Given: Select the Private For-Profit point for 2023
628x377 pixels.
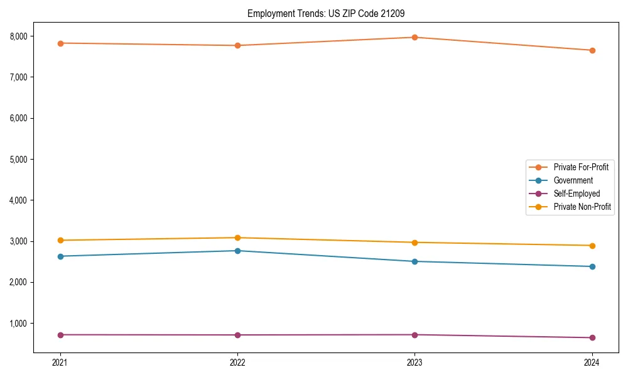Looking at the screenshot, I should click(414, 37).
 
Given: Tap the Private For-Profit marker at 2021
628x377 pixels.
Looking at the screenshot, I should click(60, 43).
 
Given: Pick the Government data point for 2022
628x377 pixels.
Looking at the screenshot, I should click(237, 251).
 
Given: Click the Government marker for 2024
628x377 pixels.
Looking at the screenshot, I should click(592, 266).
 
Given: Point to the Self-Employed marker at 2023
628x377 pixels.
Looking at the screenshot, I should click(414, 335).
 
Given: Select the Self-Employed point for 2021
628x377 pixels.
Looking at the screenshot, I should click(60, 335).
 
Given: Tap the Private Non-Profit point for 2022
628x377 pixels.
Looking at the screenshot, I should click(237, 238).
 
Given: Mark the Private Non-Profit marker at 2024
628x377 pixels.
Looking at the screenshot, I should click(592, 246).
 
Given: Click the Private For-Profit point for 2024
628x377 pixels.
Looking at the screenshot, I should click(592, 50).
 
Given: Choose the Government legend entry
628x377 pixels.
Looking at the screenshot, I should click(573, 180).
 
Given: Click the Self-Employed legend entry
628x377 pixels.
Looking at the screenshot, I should click(577, 194).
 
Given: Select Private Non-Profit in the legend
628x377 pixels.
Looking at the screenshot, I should click(582, 207).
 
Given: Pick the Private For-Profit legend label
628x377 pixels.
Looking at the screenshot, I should click(581, 167).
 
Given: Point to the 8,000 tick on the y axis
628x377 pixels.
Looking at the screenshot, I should click(18, 36).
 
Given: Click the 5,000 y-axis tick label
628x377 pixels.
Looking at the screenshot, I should click(18, 160).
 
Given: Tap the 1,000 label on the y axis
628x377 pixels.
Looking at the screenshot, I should click(18, 324).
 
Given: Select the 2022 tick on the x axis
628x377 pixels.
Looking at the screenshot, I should click(237, 362).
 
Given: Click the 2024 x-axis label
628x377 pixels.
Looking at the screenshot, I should click(592, 362).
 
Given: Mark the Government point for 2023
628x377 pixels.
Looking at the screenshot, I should click(414, 261).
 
